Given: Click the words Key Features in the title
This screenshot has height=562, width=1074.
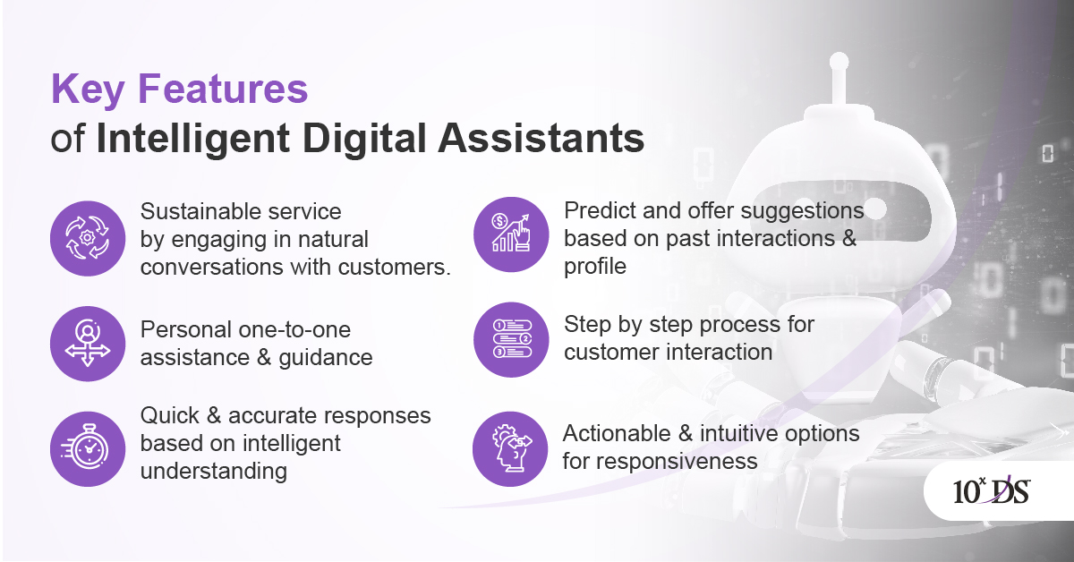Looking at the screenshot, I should (x=179, y=90).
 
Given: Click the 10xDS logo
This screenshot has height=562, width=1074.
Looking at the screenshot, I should (x=991, y=491).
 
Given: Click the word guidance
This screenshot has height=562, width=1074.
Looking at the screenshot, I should (x=326, y=357).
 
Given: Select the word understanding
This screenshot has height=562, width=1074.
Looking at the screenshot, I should (x=214, y=471).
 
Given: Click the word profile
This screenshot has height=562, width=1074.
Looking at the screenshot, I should (x=595, y=266).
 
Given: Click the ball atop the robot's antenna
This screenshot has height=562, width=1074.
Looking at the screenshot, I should (x=839, y=62).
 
